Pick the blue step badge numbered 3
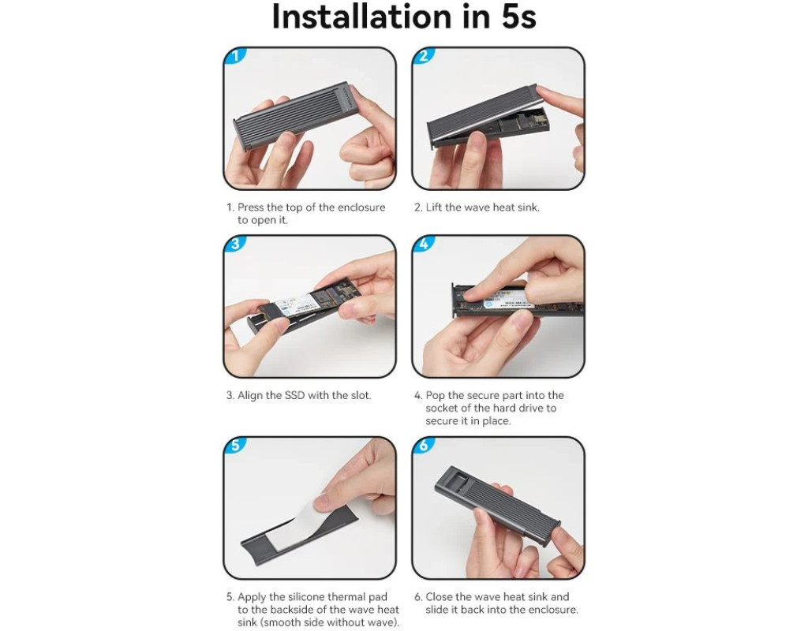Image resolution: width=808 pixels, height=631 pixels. [235, 244]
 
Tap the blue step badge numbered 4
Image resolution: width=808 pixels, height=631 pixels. [424, 244]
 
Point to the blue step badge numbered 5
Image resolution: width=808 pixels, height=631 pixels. [235, 445]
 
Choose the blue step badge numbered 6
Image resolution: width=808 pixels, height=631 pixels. [424, 445]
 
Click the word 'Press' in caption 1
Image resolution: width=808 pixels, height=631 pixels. [250, 207]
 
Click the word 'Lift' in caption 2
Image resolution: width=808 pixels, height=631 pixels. [433, 207]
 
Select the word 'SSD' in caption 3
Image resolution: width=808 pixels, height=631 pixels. [295, 396]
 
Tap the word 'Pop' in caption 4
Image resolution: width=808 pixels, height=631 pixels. [435, 396]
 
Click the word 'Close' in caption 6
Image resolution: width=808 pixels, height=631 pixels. [440, 597]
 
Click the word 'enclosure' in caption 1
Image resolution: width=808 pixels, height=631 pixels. [361, 207]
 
